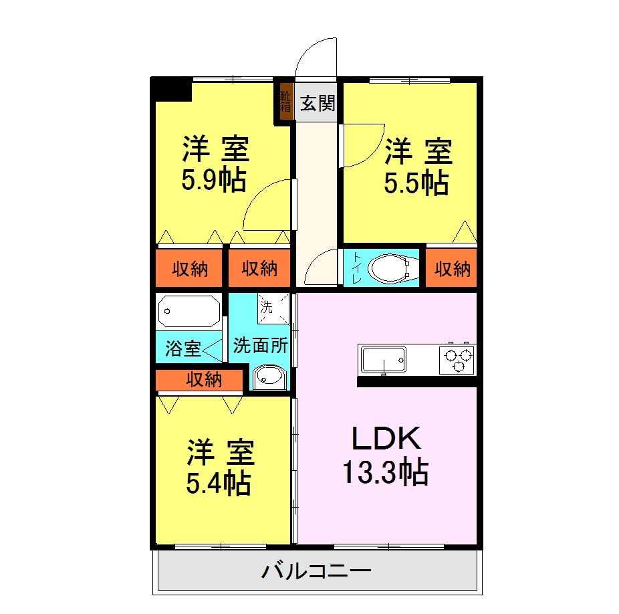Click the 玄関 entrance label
point(317,104)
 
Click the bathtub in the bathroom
point(189,312)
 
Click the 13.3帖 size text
point(386,473)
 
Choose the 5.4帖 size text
point(219,482)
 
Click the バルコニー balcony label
point(316,573)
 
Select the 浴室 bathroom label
point(182,348)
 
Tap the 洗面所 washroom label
point(261,346)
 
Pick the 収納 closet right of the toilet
point(453,269)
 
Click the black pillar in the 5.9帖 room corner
point(172,89)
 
